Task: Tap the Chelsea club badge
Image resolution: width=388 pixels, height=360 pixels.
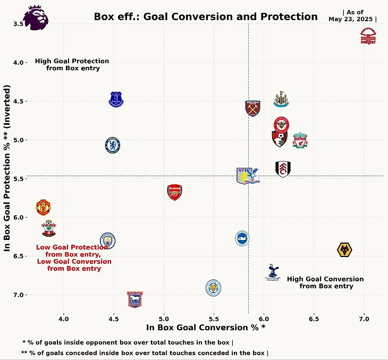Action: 112,145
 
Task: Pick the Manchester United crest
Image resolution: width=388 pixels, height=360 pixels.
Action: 44,207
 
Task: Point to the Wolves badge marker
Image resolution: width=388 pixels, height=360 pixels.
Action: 345,250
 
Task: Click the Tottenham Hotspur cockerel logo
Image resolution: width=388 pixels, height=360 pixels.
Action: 273,272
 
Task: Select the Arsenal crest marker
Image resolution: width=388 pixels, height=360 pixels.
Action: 174,192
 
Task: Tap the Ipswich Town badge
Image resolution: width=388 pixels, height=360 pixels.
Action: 135,299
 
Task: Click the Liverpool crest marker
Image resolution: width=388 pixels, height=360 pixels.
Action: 300,140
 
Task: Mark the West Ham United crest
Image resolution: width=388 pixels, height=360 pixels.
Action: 253,108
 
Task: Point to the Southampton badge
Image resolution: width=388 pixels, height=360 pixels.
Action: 48,229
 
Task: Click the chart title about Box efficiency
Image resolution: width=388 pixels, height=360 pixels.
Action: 205,16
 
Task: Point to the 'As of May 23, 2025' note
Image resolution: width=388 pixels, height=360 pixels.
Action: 353,16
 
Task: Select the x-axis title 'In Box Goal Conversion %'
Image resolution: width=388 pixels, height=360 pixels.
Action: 205,328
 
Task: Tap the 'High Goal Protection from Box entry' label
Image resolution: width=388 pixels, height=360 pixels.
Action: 72,64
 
